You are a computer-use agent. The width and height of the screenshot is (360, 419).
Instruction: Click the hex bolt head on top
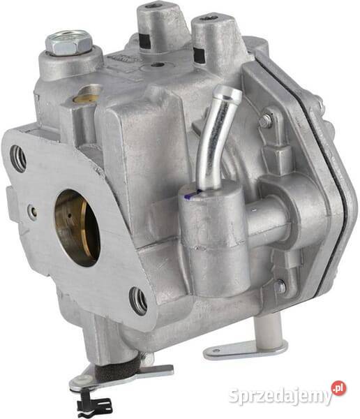69,42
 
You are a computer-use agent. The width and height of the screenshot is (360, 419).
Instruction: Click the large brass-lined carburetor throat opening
77,228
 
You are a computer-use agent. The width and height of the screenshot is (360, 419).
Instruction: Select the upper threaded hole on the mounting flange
18,159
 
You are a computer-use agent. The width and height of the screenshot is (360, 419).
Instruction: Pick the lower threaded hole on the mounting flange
138,301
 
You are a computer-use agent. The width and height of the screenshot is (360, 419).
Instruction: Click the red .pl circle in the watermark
339,388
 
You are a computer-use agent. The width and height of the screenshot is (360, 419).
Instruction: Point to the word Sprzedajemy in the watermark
281,397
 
